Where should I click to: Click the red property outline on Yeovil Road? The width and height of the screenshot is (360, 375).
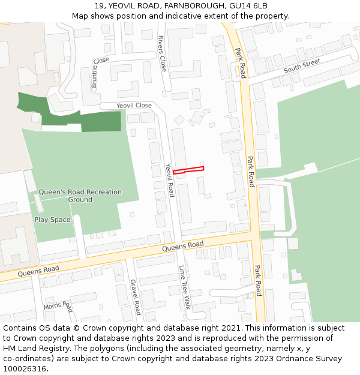click(x=188, y=170)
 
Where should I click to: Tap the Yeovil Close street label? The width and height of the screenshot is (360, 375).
click(x=134, y=106)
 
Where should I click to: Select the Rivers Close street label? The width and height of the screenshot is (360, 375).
click(x=162, y=53)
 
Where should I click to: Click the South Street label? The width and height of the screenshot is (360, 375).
click(x=302, y=66)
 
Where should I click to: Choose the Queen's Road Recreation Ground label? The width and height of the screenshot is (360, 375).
click(x=80, y=196)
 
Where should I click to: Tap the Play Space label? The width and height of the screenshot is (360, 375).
click(x=52, y=220)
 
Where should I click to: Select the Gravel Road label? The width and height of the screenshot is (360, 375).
click(x=135, y=297)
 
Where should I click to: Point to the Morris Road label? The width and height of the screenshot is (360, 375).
click(x=58, y=307)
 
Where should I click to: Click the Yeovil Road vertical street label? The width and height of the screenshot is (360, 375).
click(x=170, y=181)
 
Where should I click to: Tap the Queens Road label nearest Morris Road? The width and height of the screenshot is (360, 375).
click(x=38, y=271)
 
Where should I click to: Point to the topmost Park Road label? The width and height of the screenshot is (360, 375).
click(x=241, y=63)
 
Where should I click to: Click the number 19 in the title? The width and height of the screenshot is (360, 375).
click(x=99, y=6)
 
